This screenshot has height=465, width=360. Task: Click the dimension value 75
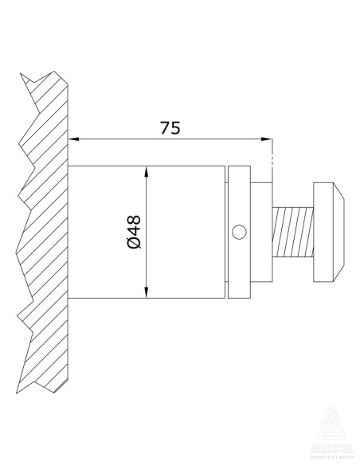coord(170,127)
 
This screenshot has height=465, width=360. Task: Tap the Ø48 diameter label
coord(133,232)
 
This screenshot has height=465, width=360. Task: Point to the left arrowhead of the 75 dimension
coord(76,139)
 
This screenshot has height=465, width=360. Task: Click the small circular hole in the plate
coord(238,232)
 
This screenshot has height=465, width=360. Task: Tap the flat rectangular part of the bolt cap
coord(324,232)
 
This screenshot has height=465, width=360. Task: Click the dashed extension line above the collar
coord(272,156)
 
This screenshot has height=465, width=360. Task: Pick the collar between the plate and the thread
coord(263,232)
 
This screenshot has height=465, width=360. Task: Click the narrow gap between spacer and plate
coord(226,232)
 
